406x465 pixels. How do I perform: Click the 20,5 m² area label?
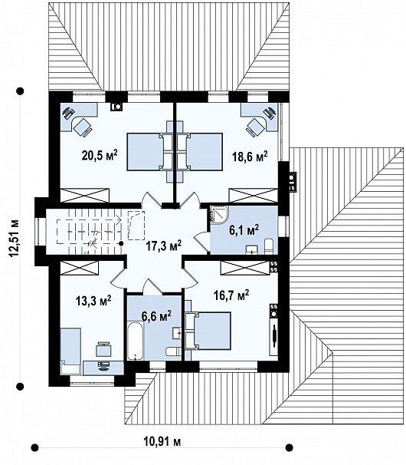[100, 155]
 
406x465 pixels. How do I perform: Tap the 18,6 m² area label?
[250, 156]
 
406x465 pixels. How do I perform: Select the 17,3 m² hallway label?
[163, 246]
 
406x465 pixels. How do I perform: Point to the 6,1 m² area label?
[244, 229]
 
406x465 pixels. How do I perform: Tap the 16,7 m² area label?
[231, 295]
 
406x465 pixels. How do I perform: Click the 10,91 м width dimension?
[162, 441]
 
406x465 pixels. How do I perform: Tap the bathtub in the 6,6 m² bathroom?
[136, 341]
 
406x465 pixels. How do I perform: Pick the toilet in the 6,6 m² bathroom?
[173, 351]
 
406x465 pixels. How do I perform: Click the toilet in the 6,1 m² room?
[269, 246]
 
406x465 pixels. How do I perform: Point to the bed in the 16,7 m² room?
[208, 331]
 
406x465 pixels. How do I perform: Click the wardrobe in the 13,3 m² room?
[79, 268]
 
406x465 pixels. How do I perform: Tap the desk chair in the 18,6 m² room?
[254, 127]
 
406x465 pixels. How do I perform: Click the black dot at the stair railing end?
[121, 243]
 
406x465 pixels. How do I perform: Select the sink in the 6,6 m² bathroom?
[177, 333]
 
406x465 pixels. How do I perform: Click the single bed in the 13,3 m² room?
[70, 351]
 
